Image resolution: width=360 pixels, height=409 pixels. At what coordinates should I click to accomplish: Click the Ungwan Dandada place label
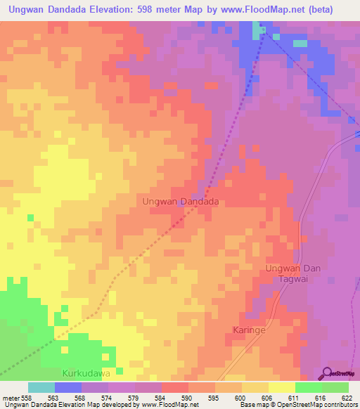click(181, 201)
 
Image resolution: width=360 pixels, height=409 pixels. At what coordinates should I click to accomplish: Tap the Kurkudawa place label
click(86, 372)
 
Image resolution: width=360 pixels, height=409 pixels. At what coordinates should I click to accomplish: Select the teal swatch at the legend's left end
click(41, 387)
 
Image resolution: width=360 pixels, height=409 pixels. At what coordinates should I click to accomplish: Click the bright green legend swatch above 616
click(308, 387)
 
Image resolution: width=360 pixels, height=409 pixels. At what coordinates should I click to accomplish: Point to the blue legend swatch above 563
click(67, 387)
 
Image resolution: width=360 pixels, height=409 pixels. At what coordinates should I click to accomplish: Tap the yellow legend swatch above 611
click(281, 387)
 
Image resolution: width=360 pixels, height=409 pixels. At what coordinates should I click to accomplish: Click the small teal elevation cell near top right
click(300, 44)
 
